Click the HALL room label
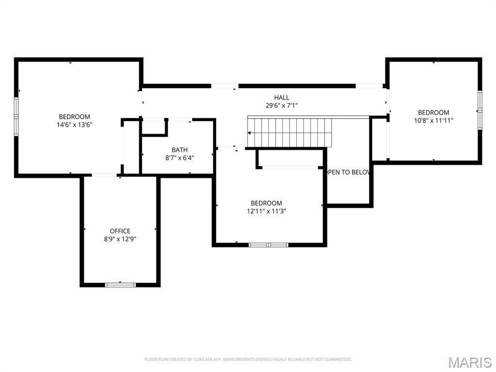point(281,97)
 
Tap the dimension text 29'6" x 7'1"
point(281,105)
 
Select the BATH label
point(180,150)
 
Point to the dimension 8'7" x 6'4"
point(180,157)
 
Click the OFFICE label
point(120,231)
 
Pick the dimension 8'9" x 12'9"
point(120,239)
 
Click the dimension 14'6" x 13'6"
point(75,124)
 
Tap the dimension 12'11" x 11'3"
point(266,211)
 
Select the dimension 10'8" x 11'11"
point(434,120)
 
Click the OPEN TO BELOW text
point(347,172)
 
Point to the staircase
point(290,132)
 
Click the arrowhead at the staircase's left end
point(249,133)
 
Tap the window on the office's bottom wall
point(120,285)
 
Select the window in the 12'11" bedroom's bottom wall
point(268,245)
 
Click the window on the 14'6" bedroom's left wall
point(16,117)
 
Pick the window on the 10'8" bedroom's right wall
point(480,110)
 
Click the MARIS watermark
point(470,362)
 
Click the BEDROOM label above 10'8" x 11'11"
point(434,112)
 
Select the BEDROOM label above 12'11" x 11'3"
point(266,203)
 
